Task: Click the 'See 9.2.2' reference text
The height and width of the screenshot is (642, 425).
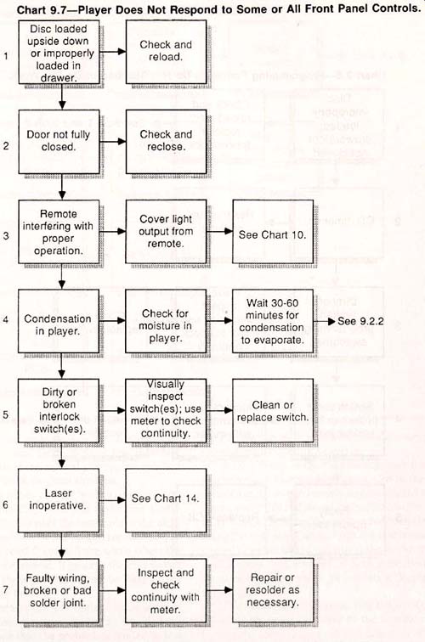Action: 360,321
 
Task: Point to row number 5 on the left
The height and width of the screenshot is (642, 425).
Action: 5,414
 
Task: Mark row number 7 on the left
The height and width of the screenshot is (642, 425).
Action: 5,590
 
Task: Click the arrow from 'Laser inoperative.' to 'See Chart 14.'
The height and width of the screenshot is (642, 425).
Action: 112,500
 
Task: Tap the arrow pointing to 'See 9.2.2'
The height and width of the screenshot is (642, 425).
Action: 325,321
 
